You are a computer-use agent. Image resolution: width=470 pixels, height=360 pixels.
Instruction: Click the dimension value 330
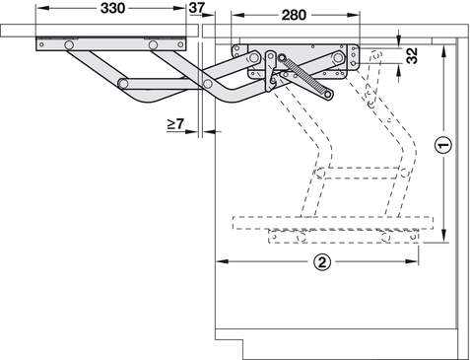[112, 8]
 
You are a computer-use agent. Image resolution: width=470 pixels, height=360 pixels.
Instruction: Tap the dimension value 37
[197, 8]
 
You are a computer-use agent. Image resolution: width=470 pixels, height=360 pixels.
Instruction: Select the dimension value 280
[294, 15]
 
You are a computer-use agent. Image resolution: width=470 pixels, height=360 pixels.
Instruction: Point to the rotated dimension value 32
[411, 55]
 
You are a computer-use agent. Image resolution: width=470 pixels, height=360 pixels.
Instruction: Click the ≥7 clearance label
[175, 124]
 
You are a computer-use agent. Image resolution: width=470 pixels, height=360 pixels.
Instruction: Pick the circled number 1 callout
[443, 145]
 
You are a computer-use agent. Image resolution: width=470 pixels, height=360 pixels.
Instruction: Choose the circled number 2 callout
[322, 262]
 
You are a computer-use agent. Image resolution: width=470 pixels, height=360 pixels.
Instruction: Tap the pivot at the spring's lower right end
[328, 95]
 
